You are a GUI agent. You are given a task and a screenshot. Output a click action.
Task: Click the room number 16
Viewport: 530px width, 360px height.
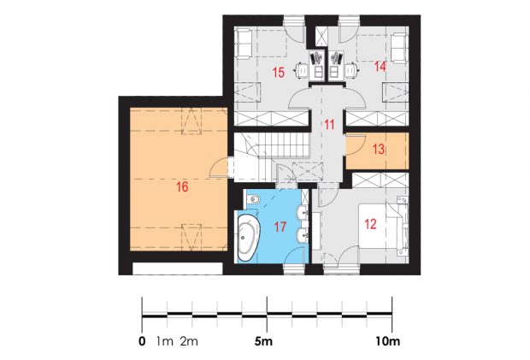click(x=182, y=186)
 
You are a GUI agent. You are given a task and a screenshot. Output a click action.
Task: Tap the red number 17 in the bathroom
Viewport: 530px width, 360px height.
click(x=280, y=227)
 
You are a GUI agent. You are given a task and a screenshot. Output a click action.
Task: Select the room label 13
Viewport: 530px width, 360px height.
click(x=379, y=149)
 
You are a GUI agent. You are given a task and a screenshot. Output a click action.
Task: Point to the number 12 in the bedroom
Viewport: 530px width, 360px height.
click(x=370, y=224)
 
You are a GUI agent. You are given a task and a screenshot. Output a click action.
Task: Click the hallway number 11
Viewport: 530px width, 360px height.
click(x=329, y=124)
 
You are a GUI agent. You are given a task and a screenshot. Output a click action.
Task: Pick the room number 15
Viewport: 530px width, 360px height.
click(x=279, y=73)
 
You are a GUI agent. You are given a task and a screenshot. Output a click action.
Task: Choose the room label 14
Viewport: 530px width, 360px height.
click(x=380, y=67)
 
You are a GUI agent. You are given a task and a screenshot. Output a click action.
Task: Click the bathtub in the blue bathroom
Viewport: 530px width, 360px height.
click(x=249, y=238)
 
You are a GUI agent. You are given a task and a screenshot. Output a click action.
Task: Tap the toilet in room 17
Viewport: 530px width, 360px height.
click(x=253, y=201)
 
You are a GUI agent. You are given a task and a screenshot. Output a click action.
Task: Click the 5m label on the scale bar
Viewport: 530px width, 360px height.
click(x=263, y=341)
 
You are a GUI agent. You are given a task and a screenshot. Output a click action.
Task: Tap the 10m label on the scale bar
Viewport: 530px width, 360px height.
click(x=388, y=341)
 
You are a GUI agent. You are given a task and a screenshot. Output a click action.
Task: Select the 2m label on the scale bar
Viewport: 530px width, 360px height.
click(x=189, y=341)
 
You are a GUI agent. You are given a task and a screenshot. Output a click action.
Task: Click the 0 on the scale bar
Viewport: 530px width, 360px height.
click(x=142, y=341)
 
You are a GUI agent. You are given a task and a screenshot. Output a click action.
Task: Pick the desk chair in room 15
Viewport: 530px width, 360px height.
click(x=302, y=70)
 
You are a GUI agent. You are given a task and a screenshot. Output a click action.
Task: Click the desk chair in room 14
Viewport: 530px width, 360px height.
click(x=351, y=70)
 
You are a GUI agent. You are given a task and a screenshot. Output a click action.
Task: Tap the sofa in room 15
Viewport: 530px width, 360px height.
click(x=244, y=44)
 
